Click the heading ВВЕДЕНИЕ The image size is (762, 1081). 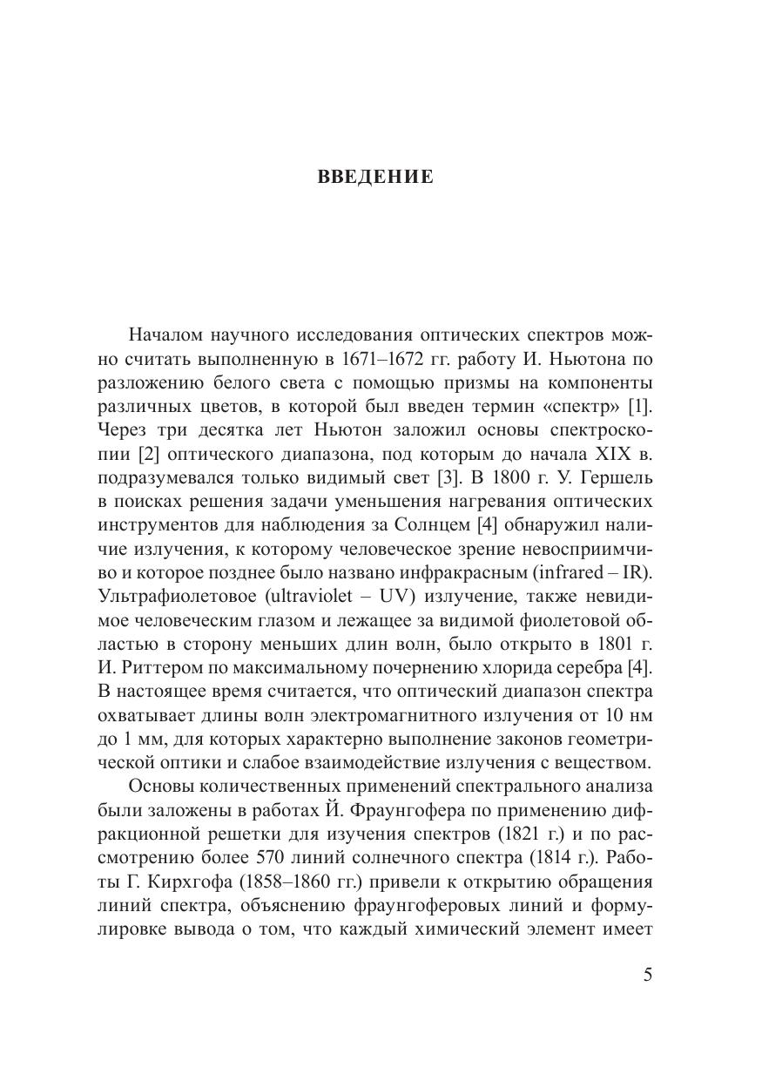coord(374,178)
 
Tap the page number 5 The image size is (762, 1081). coord(647,974)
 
